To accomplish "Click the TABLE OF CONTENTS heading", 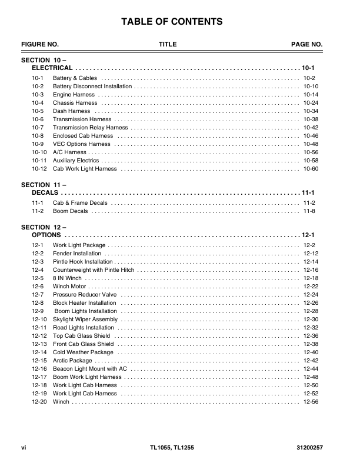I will (x=172, y=22).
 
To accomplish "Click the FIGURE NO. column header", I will (x=40, y=45).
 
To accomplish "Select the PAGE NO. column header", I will (x=307, y=45).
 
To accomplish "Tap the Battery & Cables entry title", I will (x=75, y=78).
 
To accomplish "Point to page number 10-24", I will (x=311, y=103).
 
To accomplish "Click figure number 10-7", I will (x=38, y=128).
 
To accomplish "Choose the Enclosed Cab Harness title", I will (x=83, y=136).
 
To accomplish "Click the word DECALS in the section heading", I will (x=45, y=193).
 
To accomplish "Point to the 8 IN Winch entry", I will (x=67, y=278).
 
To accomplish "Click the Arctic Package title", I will (x=72, y=361).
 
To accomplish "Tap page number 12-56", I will (x=311, y=402).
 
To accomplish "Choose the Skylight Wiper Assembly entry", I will (x=85, y=319).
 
